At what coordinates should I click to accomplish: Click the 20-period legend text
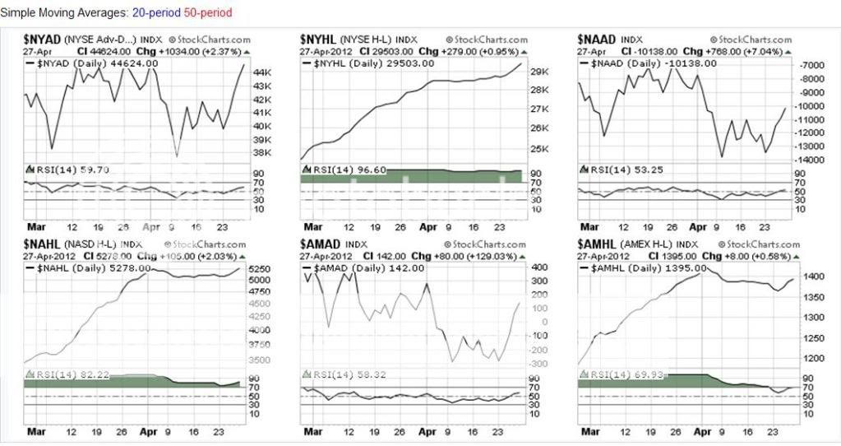154,13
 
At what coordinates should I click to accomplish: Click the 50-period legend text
210,13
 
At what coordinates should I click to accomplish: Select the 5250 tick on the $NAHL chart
260,269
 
